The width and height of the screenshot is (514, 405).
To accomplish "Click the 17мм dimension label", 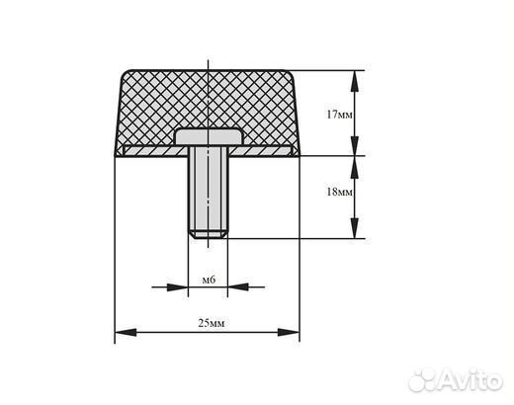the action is click(339, 115).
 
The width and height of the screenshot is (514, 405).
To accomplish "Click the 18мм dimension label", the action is click(339, 192).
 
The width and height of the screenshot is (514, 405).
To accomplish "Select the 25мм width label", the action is click(212, 323).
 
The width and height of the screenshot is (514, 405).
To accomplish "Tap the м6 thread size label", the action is click(209, 280).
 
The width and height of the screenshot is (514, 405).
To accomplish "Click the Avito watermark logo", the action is click(456, 381).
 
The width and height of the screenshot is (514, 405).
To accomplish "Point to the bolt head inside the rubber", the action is click(209, 137).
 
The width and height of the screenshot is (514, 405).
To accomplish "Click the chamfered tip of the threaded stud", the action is click(209, 235).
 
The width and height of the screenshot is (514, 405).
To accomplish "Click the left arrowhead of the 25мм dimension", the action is click(126, 332).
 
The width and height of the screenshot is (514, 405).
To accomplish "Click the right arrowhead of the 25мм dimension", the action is click(289, 332).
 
